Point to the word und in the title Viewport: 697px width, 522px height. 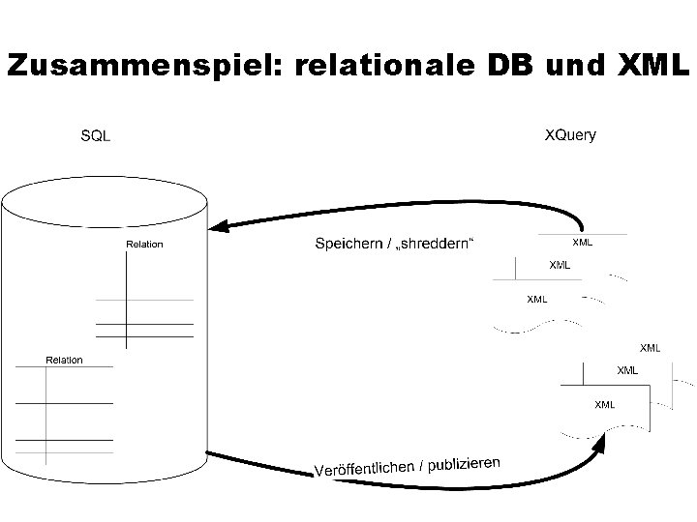578,66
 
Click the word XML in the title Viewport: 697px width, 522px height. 652,66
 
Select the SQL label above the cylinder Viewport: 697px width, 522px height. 95,136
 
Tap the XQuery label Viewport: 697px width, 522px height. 570,135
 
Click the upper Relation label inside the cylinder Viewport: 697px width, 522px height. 144,245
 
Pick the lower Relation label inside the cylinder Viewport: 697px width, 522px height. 65,361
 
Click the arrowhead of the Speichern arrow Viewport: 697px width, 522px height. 219,227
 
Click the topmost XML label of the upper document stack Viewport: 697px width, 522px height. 583,242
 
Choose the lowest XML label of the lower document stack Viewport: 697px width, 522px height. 604,404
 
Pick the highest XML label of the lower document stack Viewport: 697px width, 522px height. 651,347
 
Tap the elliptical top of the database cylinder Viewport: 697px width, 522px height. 105,201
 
